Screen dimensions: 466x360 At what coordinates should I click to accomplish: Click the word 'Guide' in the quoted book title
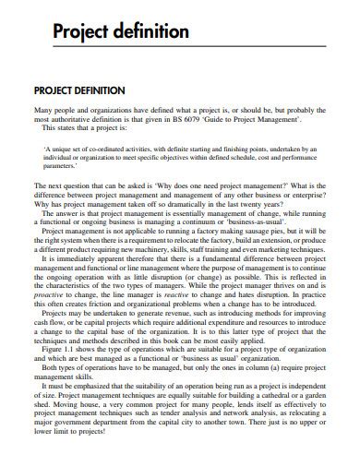click(236, 119)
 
